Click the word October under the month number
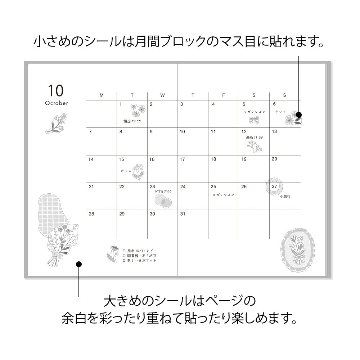click(57, 103)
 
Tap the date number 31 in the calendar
click(183, 214)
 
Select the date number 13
click(274, 131)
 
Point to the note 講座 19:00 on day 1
click(132, 121)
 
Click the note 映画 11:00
click(254, 138)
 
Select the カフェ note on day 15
click(126, 171)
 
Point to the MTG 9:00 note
click(163, 191)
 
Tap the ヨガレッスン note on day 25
click(223, 195)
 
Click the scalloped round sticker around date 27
click(275, 186)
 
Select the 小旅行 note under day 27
click(284, 197)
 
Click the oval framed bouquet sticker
click(297, 249)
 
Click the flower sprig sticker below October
click(57, 123)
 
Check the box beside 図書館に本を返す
click(124, 256)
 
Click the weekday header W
click(162, 95)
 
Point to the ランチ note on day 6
click(280, 112)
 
